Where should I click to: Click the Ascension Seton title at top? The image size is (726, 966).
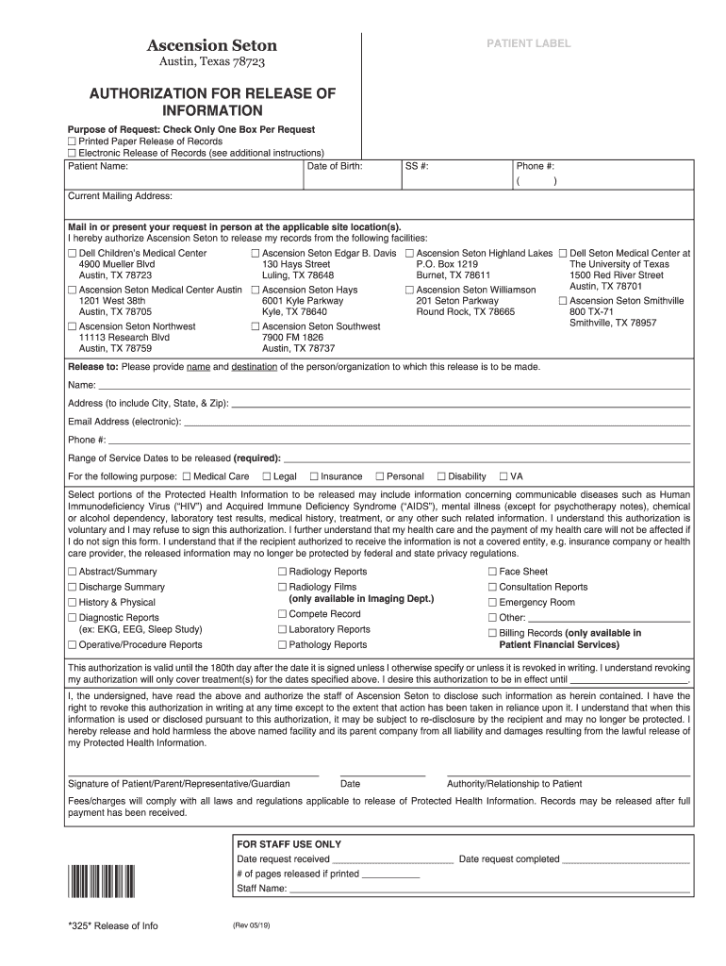pyautogui.click(x=211, y=45)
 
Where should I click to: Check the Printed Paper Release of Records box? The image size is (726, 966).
pyautogui.click(x=72, y=141)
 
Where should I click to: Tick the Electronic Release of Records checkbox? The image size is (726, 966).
pyautogui.click(x=72, y=152)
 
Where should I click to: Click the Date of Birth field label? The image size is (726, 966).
pyautogui.click(x=334, y=166)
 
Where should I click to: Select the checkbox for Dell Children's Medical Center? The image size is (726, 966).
pyautogui.click(x=72, y=254)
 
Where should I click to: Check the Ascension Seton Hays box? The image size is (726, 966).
pyautogui.click(x=256, y=290)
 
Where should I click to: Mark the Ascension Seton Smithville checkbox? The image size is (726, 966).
pyautogui.click(x=563, y=301)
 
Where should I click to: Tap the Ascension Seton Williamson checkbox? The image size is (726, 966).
pyautogui.click(x=410, y=290)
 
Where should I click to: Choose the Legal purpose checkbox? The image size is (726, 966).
pyautogui.click(x=267, y=476)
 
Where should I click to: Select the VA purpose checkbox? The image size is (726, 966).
pyautogui.click(x=503, y=476)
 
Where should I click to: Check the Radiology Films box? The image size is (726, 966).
pyautogui.click(x=282, y=587)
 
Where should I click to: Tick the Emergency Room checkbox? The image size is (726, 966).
pyautogui.click(x=491, y=603)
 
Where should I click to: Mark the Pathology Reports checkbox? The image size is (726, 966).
pyautogui.click(x=282, y=645)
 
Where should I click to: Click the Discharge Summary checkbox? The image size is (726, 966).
pyautogui.click(x=72, y=587)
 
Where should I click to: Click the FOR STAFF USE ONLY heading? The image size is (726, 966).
pyautogui.click(x=289, y=844)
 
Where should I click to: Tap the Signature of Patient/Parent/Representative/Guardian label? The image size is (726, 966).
pyautogui.click(x=179, y=784)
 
